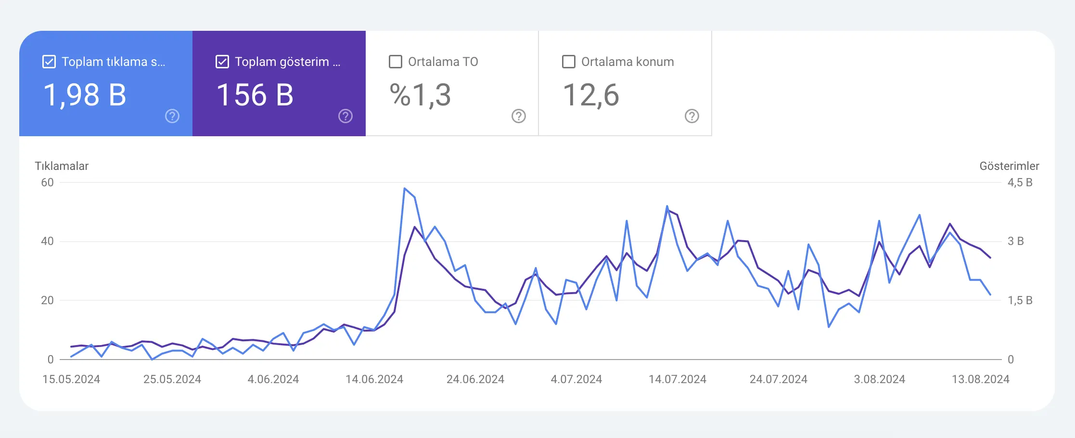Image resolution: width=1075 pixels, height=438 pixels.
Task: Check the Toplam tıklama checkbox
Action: (x=49, y=62)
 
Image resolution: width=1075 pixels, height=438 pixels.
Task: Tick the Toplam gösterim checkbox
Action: (x=222, y=62)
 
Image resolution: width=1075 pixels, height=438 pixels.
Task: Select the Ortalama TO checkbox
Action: (x=396, y=62)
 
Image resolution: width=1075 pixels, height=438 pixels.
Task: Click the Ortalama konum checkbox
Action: (x=569, y=62)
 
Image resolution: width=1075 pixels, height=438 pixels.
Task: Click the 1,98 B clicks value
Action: (x=85, y=95)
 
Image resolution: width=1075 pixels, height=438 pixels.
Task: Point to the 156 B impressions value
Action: (x=255, y=95)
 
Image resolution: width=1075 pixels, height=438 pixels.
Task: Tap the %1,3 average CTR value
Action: (x=420, y=95)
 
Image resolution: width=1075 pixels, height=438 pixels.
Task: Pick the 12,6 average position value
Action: (x=591, y=95)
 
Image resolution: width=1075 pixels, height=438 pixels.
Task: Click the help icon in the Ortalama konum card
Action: (x=692, y=116)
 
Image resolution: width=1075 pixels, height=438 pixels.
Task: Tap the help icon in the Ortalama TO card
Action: (x=519, y=116)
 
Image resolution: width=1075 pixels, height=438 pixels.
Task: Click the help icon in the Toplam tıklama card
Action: (x=172, y=116)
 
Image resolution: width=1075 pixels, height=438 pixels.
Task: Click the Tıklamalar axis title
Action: (x=62, y=166)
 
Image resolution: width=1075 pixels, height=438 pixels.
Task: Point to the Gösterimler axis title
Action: (x=1009, y=166)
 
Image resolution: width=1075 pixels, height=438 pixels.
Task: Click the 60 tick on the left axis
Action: (x=47, y=182)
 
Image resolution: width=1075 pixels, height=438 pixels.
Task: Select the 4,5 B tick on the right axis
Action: (x=1020, y=182)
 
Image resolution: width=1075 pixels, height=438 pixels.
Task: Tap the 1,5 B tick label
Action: (x=1020, y=300)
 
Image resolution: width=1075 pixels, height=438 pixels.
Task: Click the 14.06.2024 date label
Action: (x=374, y=379)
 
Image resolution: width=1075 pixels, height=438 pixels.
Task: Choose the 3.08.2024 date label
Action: (x=880, y=379)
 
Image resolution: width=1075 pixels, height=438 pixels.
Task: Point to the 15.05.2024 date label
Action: (x=71, y=379)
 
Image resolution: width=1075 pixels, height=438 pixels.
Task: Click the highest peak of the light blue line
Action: (x=405, y=188)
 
